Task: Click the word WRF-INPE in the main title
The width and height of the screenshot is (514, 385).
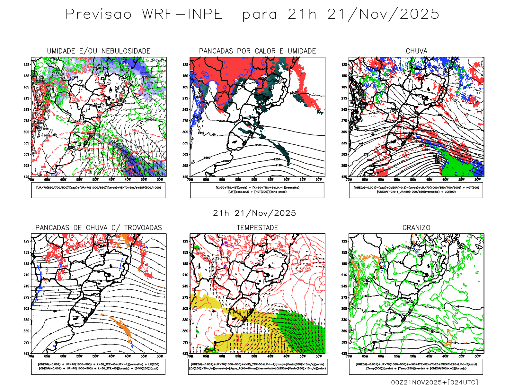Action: pyautogui.click(x=182, y=14)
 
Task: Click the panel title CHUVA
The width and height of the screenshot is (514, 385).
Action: pyautogui.click(x=416, y=51)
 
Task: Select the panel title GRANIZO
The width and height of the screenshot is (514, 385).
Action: pyautogui.click(x=416, y=228)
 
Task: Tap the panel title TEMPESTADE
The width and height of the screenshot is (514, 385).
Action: pyautogui.click(x=257, y=228)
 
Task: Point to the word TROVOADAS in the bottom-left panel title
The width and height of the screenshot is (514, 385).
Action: pyautogui.click(x=143, y=228)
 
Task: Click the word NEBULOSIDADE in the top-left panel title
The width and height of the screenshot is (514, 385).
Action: pyautogui.click(x=126, y=51)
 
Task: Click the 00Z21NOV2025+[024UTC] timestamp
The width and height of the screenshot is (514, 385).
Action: pyautogui.click(x=434, y=382)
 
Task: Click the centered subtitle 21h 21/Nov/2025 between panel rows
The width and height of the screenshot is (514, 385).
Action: pyautogui.click(x=254, y=213)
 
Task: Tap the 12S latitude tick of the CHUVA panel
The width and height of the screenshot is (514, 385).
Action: pyautogui.click(x=344, y=64)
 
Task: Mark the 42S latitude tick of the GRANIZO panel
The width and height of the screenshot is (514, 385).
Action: pyautogui.click(x=344, y=353)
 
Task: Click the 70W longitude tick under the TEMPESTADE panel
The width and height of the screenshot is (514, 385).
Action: pyautogui.click(x=190, y=356)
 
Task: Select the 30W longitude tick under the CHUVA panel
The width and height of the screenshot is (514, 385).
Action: pyautogui.click(x=477, y=180)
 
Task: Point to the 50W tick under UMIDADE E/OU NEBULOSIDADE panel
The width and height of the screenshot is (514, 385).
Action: pyautogui.click(x=95, y=180)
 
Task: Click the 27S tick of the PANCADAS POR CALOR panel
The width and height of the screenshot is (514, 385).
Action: pyautogui.click(x=185, y=121)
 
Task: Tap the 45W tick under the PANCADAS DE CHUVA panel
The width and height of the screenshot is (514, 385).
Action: pyautogui.click(x=111, y=356)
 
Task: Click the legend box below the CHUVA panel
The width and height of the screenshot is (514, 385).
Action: pyautogui.click(x=416, y=190)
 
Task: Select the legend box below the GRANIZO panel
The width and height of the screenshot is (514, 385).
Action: pyautogui.click(x=416, y=366)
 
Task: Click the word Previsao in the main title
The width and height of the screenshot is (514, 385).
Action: pyautogui.click(x=99, y=14)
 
